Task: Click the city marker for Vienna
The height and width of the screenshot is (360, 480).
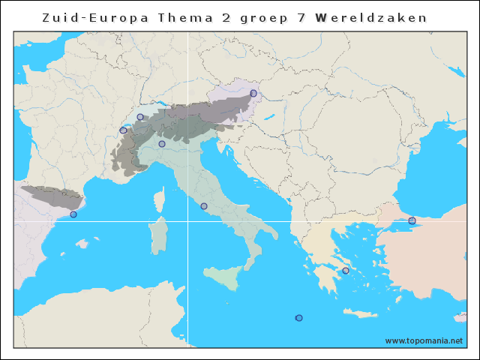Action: pos(253,93)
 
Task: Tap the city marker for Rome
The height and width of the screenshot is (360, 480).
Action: pos(204,206)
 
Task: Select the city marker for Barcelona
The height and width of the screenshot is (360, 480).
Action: pos(73,214)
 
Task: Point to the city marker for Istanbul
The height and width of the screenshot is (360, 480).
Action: pos(412,220)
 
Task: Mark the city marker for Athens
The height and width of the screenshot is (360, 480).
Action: pos(346,271)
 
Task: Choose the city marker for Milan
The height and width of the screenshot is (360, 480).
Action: pos(162,144)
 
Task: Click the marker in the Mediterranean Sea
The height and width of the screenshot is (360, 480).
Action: pos(299,318)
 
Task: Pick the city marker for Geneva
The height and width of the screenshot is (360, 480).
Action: pos(123,130)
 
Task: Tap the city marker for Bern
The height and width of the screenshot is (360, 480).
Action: pos(140,117)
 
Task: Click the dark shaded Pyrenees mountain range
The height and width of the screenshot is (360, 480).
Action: pos(52,196)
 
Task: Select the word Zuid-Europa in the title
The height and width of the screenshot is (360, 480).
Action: pos(86,17)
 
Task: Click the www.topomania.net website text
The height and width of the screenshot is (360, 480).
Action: pos(424,340)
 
